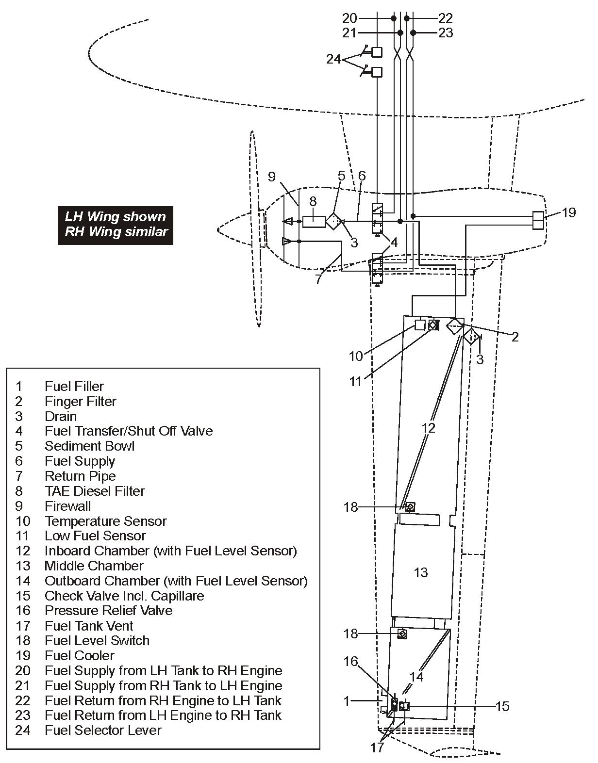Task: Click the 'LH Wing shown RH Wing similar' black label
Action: (x=116, y=224)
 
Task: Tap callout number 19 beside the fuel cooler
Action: (x=569, y=212)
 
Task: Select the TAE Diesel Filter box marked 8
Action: (x=314, y=221)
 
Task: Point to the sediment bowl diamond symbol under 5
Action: (x=334, y=221)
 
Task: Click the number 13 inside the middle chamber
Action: (x=420, y=572)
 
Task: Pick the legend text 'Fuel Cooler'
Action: (x=80, y=655)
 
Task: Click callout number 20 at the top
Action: (x=349, y=18)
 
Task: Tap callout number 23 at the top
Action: (x=446, y=33)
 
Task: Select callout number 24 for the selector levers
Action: (x=333, y=59)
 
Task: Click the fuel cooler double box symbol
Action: (x=538, y=220)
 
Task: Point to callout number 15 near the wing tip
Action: (x=502, y=706)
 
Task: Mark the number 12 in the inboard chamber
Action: (x=428, y=428)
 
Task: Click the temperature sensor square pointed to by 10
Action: (x=420, y=325)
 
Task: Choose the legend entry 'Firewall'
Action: (x=67, y=506)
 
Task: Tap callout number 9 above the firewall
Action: (x=272, y=177)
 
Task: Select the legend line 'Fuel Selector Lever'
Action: (x=103, y=730)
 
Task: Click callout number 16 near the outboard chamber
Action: (x=350, y=662)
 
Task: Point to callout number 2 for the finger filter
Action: (x=515, y=337)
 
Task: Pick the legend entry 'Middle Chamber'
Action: (x=94, y=566)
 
